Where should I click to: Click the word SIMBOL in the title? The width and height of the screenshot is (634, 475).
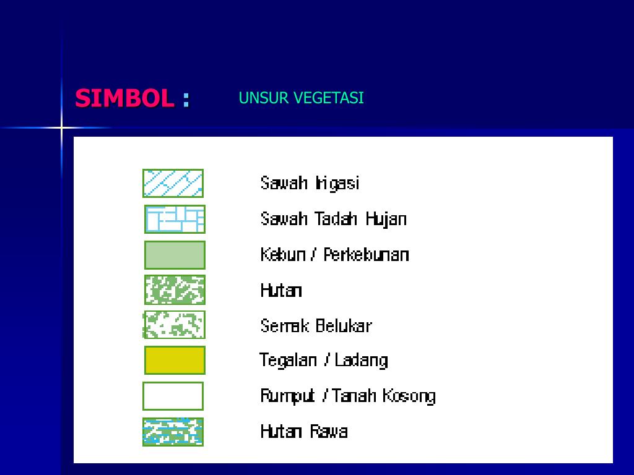(124, 98)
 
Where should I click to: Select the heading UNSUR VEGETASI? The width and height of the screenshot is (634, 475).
(301, 98)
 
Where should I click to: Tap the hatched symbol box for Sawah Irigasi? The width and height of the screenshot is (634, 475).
(173, 183)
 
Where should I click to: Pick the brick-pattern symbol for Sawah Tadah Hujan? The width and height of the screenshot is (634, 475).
(175, 219)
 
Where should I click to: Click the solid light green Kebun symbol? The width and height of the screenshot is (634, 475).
(175, 255)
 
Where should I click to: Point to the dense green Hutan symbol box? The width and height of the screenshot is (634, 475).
(175, 290)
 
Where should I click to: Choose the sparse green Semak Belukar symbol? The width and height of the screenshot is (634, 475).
(174, 325)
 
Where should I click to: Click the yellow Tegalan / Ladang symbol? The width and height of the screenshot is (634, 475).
(175, 360)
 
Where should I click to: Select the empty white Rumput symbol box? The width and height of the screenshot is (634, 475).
(173, 396)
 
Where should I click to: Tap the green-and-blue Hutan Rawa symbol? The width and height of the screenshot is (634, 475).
(173, 432)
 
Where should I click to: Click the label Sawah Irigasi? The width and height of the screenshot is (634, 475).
(310, 183)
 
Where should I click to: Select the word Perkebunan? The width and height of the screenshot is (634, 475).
(366, 255)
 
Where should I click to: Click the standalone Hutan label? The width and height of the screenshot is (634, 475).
(281, 290)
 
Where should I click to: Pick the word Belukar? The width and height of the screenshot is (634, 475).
(344, 325)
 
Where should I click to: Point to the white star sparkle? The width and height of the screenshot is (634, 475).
(62, 128)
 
